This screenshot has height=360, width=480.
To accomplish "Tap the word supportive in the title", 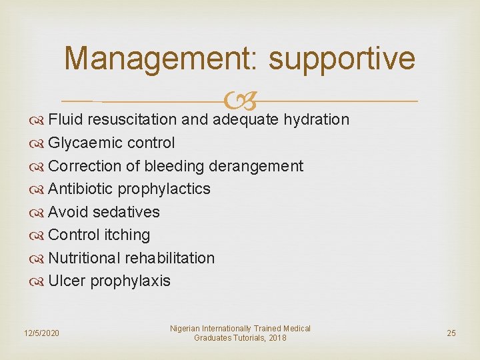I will [x=342, y=59].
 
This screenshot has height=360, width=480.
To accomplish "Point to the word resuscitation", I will [x=132, y=120].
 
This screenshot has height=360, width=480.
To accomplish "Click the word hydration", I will [x=316, y=120].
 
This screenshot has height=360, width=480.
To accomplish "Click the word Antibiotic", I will [x=81, y=189].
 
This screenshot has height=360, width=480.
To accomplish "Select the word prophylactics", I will [x=164, y=189].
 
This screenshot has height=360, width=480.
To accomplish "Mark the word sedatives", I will [x=126, y=212].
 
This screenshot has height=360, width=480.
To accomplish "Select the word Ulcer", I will [x=67, y=281].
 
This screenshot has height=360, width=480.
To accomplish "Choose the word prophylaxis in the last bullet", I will [x=130, y=281].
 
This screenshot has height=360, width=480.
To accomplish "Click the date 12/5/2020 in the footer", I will [x=41, y=333].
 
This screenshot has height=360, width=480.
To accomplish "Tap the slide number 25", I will [x=451, y=333].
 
